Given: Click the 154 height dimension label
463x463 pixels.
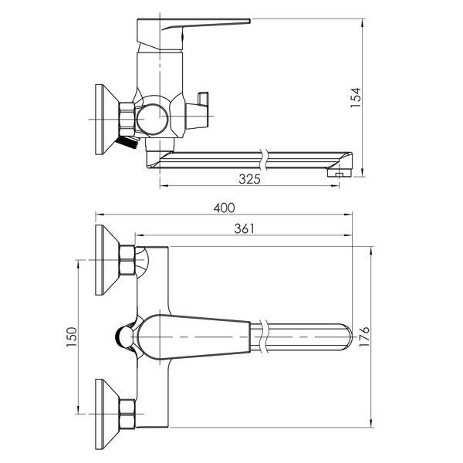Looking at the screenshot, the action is tap(356, 98).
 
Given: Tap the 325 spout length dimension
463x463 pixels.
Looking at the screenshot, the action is tap(249, 179).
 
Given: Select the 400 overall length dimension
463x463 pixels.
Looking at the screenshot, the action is tap(225, 208).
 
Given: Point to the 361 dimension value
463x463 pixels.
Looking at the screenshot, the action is tap(244, 228).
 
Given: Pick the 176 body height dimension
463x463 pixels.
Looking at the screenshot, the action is tap(364, 336).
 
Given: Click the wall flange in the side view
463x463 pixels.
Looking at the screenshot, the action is tap(107, 120).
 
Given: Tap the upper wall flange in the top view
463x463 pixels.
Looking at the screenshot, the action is tap(107, 260).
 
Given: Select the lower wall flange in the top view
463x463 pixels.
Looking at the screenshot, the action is tap(107, 414).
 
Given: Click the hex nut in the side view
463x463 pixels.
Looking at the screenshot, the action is tap(127, 120).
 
